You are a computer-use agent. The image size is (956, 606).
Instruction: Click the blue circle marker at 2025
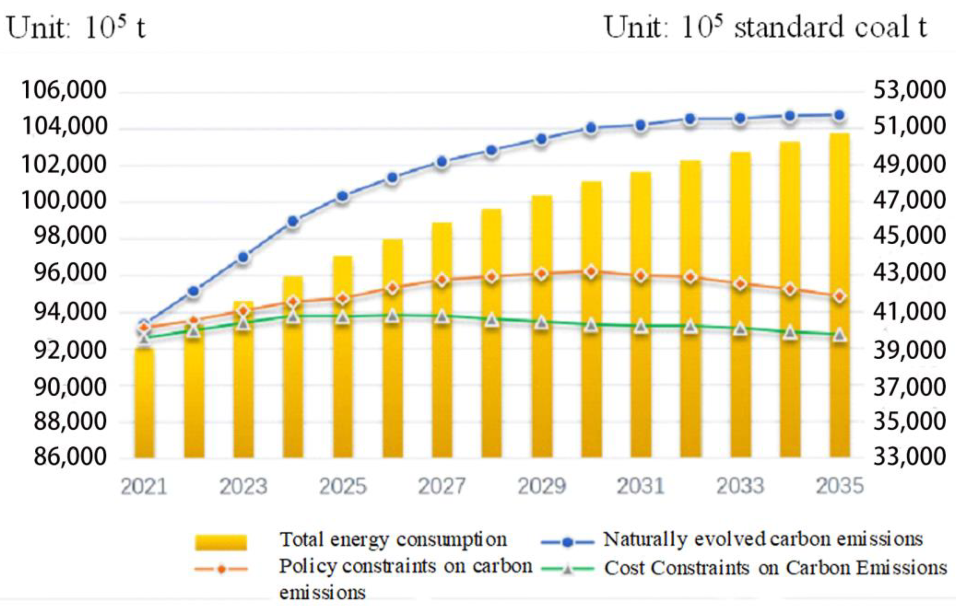(x=343, y=196)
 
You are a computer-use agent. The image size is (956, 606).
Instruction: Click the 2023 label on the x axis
(x=243, y=486)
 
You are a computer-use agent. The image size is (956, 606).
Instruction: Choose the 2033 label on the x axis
(x=740, y=486)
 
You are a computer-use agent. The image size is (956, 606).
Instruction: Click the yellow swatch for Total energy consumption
(x=221, y=542)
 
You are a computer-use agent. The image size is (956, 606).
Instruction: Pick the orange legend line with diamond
(x=221, y=569)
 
